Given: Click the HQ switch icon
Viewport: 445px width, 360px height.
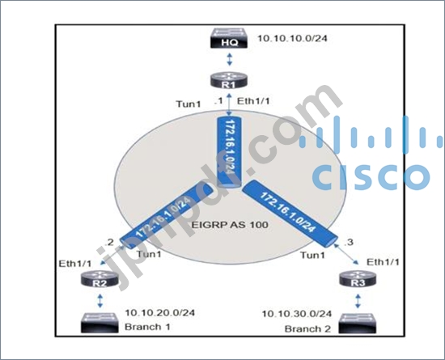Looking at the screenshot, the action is [x=229, y=38].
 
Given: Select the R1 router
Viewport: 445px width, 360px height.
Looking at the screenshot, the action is [x=229, y=81].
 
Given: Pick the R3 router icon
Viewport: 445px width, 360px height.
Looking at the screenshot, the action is [x=358, y=279].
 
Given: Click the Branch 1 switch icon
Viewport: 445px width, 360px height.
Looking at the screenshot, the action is [x=100, y=323].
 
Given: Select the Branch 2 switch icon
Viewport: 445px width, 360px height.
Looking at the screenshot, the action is [x=358, y=323].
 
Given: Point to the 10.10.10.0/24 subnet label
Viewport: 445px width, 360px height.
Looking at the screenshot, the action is [x=292, y=38].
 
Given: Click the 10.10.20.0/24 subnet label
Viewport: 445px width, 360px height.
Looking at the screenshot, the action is [x=160, y=312].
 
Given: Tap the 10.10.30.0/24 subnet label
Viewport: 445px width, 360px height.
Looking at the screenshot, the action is [x=297, y=314].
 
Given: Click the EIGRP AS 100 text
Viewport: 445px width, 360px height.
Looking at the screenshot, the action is [x=230, y=225].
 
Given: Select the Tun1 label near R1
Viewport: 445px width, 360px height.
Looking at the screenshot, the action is [x=189, y=104].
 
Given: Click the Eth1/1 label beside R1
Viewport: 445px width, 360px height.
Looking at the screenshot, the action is [x=253, y=101].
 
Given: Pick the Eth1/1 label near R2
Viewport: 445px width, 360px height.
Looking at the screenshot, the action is [x=75, y=264].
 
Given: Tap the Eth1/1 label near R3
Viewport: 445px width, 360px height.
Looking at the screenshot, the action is [x=383, y=262].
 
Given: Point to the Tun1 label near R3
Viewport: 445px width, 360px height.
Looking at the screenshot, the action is [x=312, y=256].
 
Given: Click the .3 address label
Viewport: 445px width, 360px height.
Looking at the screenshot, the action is [x=349, y=242].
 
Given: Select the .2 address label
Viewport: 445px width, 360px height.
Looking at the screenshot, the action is [x=109, y=242].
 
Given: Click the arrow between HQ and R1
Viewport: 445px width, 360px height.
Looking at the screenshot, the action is [x=229, y=60].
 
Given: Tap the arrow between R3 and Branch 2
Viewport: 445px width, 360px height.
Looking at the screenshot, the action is [x=358, y=301].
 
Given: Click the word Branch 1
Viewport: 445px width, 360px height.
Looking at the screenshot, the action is [x=147, y=327].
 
